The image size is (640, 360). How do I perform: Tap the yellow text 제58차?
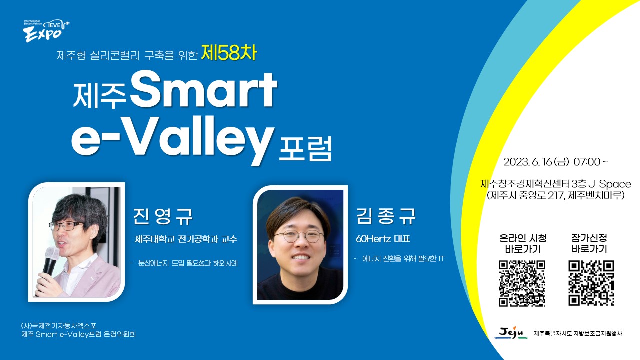[229, 53]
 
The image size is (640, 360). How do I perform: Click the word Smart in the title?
[203, 90]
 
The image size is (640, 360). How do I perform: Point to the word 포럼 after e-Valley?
[305, 149]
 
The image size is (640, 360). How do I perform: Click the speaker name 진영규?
[163, 216]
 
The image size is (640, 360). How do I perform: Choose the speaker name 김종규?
[386, 216]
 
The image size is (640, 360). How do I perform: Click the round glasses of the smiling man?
[299, 236]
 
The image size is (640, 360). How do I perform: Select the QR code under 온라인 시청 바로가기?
[522, 283]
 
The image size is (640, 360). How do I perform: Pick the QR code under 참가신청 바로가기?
[591, 283]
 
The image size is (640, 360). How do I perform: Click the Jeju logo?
[511, 333]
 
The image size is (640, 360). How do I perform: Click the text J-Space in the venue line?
[610, 184]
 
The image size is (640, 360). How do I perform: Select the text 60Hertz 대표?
[383, 239]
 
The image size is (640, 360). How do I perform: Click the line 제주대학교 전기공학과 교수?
[186, 239]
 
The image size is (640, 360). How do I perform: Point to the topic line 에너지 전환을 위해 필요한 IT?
[403, 259]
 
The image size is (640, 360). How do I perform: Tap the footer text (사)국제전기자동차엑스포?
[59, 325]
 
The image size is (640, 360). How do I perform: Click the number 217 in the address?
[555, 195]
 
